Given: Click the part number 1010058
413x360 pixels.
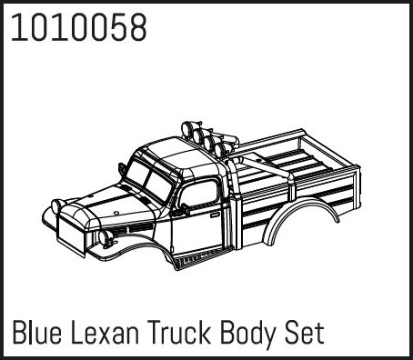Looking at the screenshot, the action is tap(79, 28).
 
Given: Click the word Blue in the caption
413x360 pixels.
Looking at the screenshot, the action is tap(37, 333).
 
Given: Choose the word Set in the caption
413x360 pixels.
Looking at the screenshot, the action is tap(305, 333).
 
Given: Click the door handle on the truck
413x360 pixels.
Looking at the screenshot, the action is tap(215, 215).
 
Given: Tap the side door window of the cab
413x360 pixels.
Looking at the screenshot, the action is tap(198, 193).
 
